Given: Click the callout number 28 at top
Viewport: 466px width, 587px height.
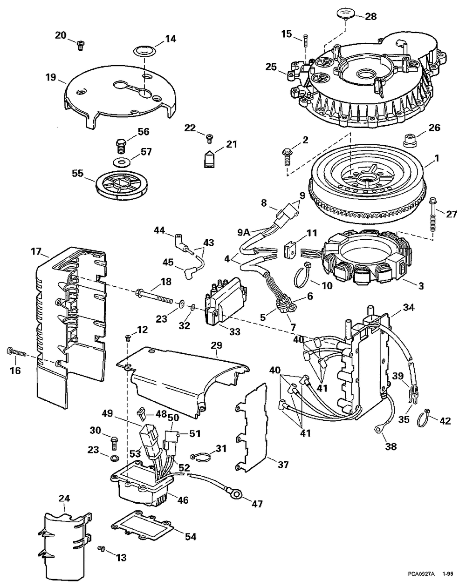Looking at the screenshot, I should [x=370, y=17].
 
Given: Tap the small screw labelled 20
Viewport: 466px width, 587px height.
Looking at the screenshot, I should [x=80, y=45].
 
